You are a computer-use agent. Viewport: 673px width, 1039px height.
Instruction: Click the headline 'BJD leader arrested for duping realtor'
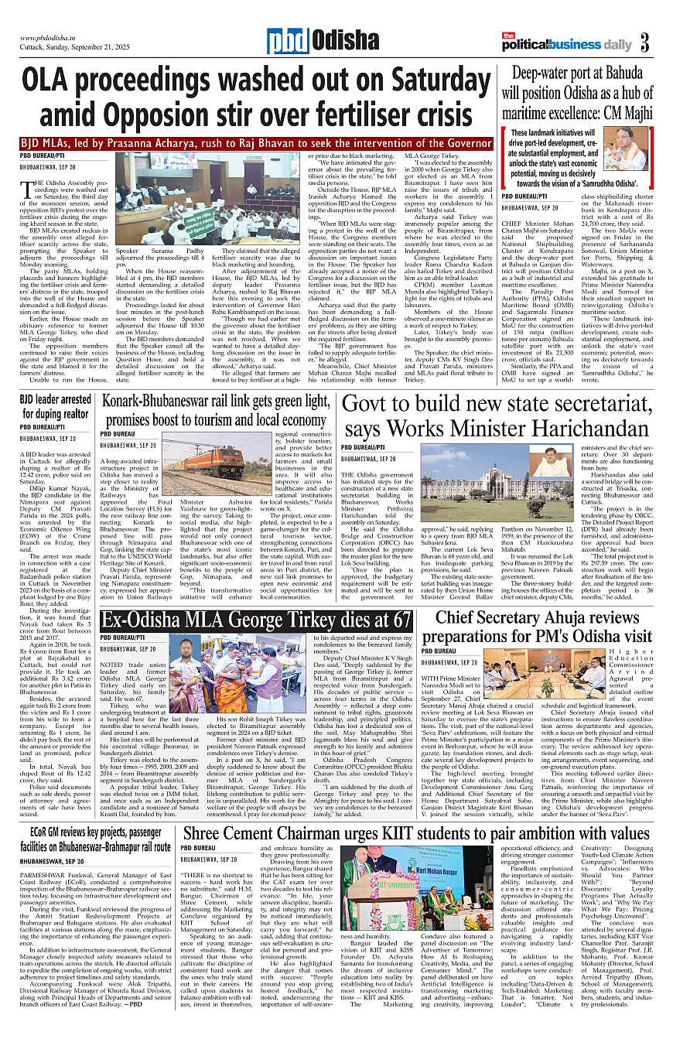pos(55,406)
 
